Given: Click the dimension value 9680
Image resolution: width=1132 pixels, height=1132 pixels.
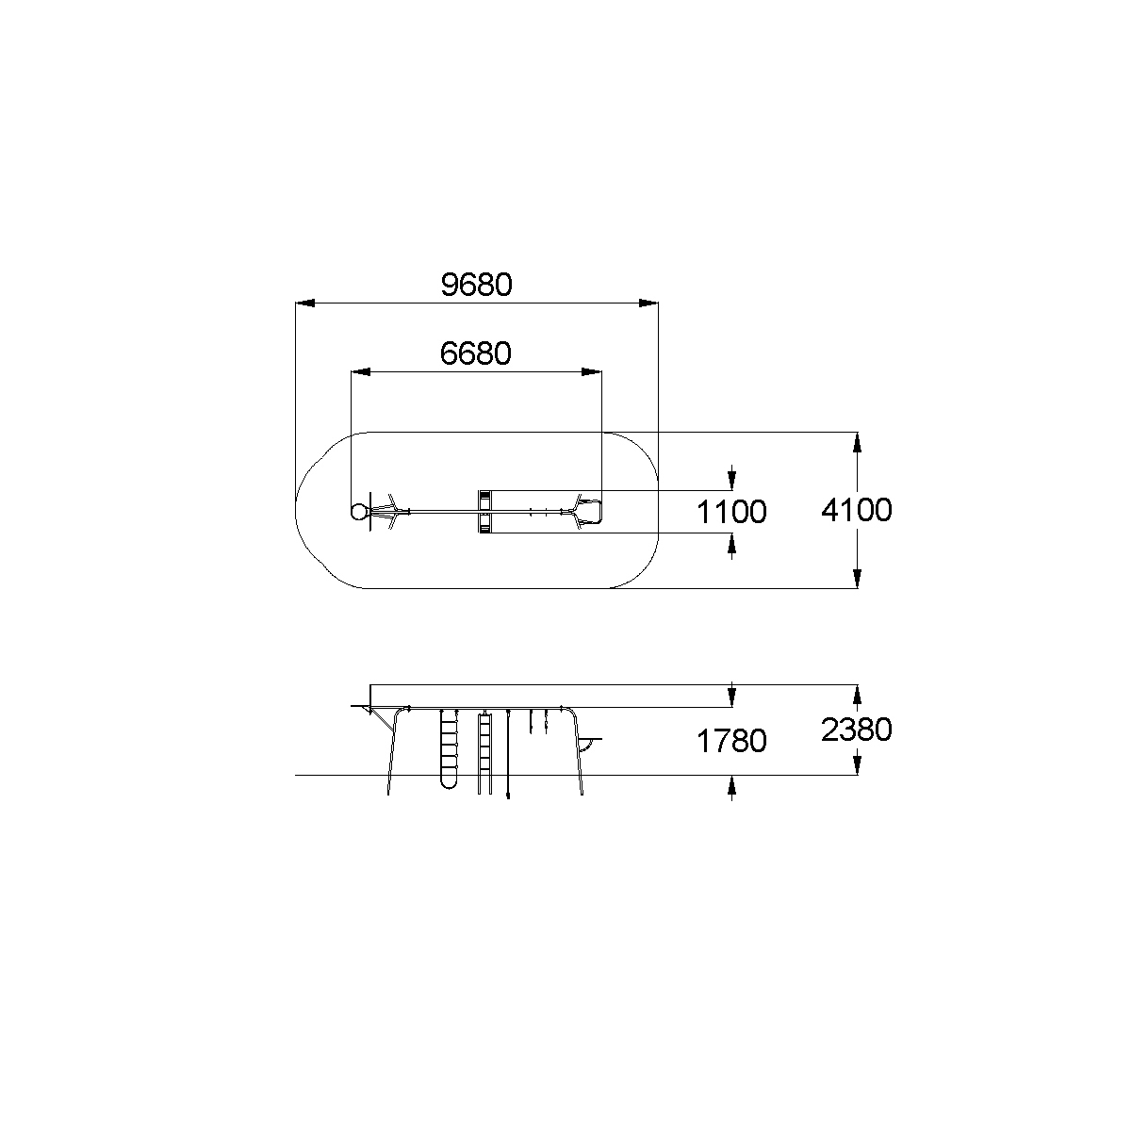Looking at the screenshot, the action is coord(476,285).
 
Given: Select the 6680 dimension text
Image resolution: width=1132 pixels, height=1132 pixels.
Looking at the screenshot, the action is coord(476,353).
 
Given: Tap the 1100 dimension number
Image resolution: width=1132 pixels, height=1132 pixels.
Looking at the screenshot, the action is coord(731,512).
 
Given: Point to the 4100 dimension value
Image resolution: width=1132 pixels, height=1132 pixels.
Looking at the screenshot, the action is coord(857,510).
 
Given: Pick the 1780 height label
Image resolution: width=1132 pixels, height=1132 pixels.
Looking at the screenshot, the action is coord(731,742).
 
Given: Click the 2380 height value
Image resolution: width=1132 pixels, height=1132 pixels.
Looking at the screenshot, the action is coord(857,730).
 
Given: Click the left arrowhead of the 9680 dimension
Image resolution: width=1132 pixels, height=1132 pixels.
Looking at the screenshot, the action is coord(304,304).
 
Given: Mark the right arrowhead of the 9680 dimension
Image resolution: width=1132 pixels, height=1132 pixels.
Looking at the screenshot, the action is coord(648,304).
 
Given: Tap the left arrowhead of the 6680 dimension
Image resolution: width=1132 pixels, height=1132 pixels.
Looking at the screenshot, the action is coord(361,372).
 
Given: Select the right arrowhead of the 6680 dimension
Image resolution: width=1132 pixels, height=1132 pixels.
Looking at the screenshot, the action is coord(592,372).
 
